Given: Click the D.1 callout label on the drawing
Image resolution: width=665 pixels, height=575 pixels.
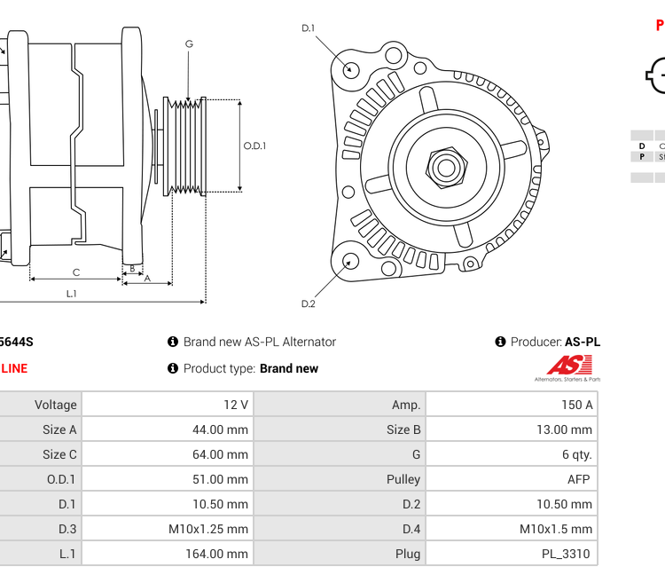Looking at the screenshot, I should point(308,28).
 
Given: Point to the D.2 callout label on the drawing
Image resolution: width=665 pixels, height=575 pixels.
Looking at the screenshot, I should point(308,303).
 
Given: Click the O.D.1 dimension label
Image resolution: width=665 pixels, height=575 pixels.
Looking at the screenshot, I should point(254,146).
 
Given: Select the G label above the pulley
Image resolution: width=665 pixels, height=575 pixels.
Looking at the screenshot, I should point(189,44).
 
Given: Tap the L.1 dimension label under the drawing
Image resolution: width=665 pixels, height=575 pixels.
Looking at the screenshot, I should point(71,294).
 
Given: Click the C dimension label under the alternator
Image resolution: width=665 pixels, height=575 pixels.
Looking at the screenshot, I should point(76,272).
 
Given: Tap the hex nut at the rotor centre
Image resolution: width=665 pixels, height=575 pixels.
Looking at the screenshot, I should point(446,167).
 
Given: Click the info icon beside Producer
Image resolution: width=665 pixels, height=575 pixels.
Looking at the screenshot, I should point(500,342).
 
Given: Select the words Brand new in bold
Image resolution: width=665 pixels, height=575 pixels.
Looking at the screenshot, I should point(288,368).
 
